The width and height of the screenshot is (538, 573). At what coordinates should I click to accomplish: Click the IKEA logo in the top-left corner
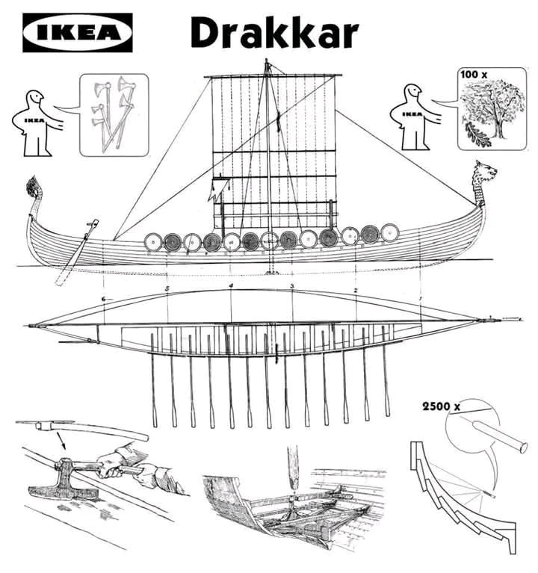pos(78,33)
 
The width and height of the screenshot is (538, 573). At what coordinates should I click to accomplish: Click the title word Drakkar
pos(274,33)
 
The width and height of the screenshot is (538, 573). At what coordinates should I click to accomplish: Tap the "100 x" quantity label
pos(474,75)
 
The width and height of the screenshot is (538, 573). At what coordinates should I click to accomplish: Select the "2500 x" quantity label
pos(441,406)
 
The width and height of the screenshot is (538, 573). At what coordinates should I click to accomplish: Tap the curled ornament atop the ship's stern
pos(34,187)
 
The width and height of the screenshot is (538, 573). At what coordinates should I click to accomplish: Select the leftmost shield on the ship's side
pos(153,242)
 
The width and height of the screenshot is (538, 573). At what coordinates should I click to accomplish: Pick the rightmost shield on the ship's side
pos(390,233)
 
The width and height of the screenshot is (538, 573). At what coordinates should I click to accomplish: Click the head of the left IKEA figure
pos(36,98)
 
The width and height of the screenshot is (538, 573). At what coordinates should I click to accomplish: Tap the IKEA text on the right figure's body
pos(412,114)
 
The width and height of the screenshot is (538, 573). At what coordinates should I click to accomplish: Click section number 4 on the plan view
pos(231,285)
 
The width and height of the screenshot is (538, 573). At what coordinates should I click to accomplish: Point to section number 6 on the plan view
pos(104,299)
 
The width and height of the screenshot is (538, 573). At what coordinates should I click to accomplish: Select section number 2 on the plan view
pos(356,290)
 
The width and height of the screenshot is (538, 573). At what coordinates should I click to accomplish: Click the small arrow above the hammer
pos(61,441)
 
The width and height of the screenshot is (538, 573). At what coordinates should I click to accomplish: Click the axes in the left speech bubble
pos(114,113)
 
